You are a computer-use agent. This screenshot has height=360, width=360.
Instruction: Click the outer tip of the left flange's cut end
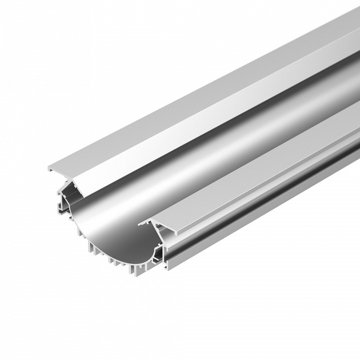49,167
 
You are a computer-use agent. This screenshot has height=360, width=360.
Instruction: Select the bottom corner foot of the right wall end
165,270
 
